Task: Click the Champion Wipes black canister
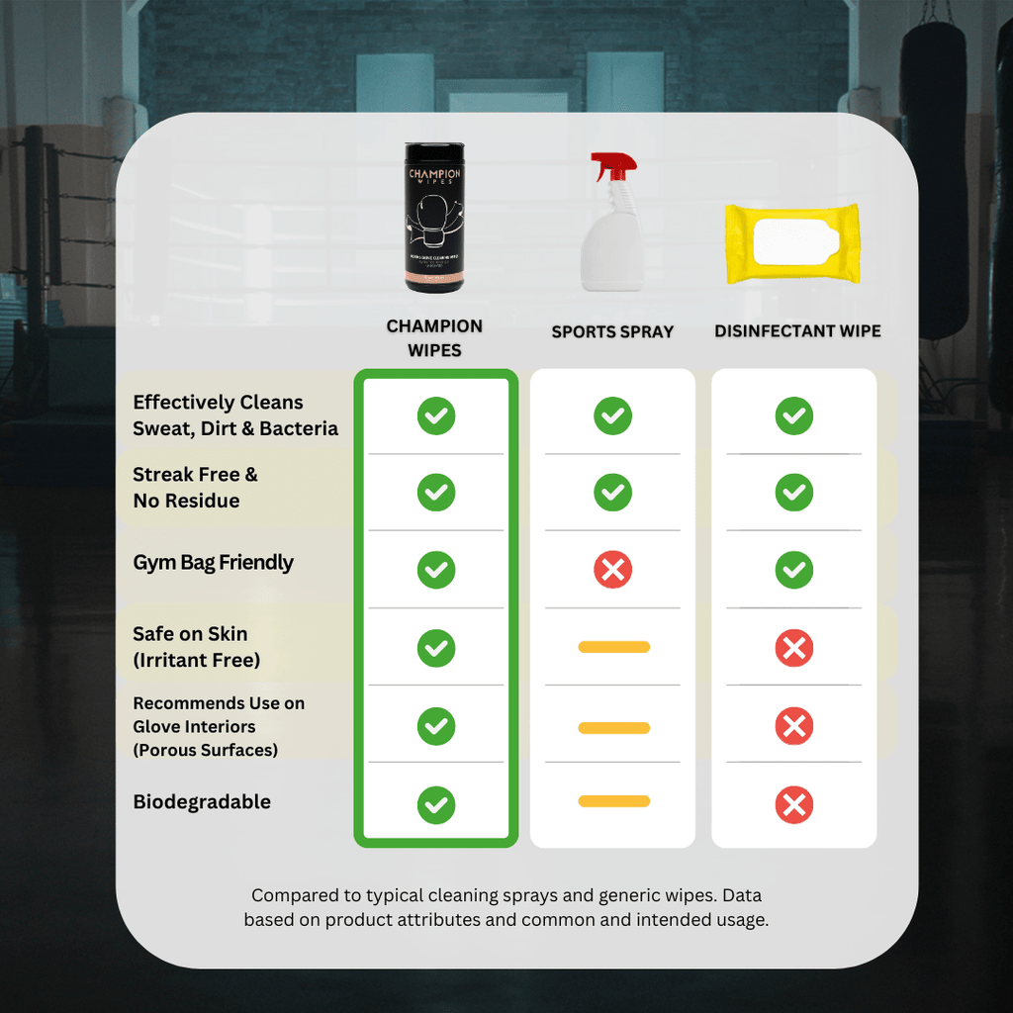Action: (434, 218)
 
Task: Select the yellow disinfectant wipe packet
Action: (791, 243)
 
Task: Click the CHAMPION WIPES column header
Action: (434, 337)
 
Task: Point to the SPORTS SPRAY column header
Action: (612, 332)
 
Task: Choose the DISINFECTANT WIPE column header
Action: (797, 331)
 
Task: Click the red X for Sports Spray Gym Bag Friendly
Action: (612, 570)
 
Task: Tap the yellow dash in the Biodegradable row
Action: (613, 801)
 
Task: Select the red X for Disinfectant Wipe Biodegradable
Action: (793, 804)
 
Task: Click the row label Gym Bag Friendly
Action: (213, 563)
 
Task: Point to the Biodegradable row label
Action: (202, 802)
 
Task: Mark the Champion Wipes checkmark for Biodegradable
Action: (436, 804)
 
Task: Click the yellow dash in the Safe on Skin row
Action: (613, 647)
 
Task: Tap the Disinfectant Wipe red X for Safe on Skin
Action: (793, 648)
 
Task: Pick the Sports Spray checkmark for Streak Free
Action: (612, 492)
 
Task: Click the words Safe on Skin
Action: (190, 634)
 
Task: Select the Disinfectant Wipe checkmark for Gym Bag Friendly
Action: (793, 570)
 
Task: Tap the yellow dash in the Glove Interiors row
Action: (613, 728)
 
